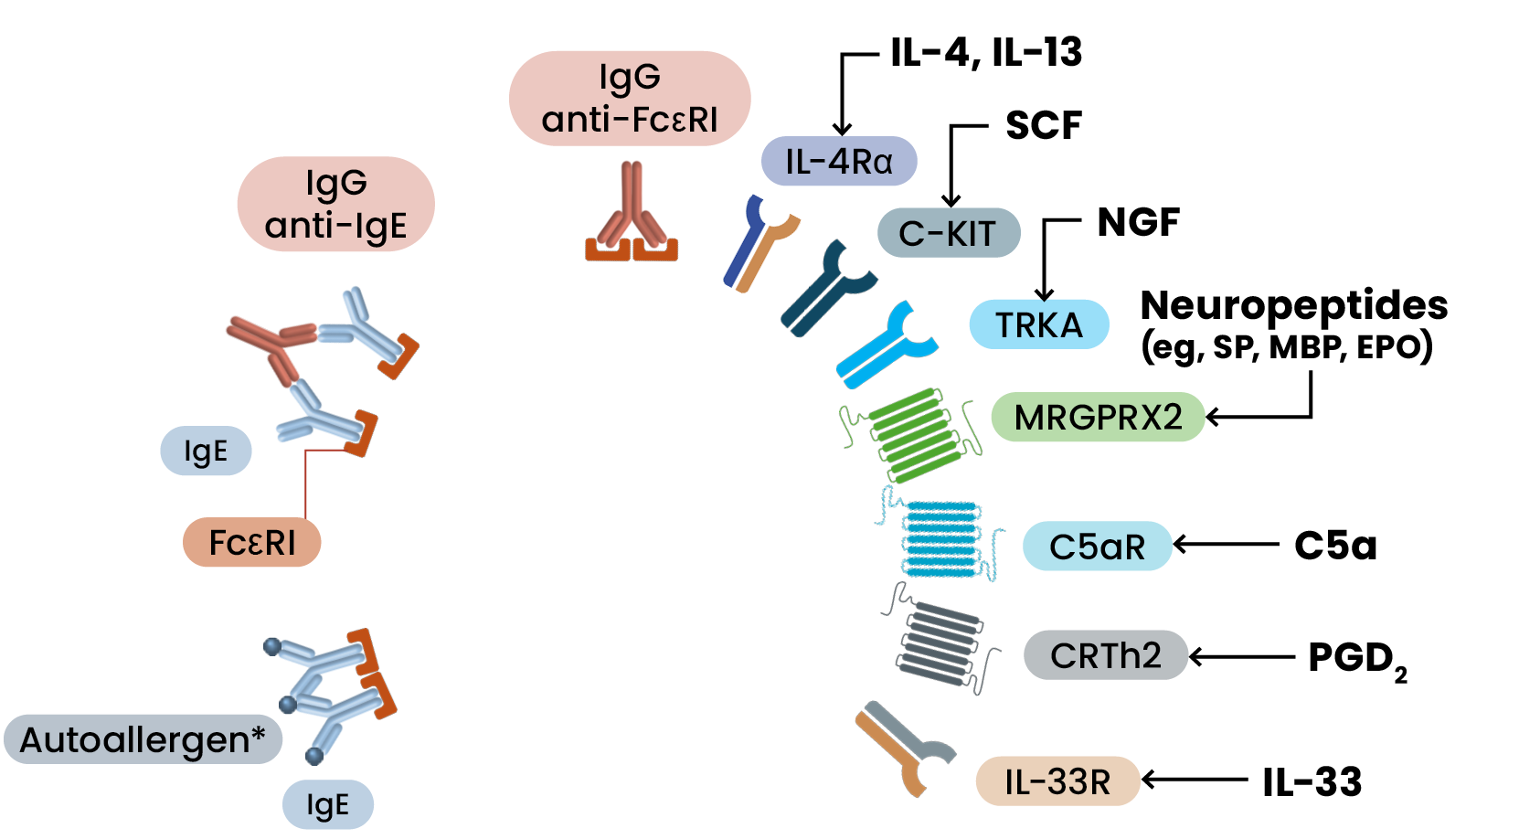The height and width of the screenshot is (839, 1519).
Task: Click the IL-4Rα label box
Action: coord(838,162)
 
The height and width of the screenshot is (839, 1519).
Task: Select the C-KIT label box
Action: coord(948,233)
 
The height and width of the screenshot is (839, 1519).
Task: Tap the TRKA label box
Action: coord(1038,324)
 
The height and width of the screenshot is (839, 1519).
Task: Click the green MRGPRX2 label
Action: coord(1098,417)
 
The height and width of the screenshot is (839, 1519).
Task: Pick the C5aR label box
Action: coord(1096,547)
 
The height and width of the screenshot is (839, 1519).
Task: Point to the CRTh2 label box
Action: coord(1105,655)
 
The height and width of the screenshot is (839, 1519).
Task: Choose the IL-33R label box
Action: coord(1057,781)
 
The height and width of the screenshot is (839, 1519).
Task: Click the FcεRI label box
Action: coord(251,542)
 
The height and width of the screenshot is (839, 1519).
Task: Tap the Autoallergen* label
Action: coord(143,739)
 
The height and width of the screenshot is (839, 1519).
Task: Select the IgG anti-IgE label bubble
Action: coord(335,204)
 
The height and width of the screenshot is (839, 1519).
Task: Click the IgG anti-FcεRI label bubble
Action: coord(629,98)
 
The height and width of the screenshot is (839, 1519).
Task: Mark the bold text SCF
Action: coord(1043,125)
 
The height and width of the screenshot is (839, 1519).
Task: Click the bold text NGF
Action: coord(1137,221)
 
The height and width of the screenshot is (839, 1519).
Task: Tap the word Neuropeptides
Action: coord(1292,305)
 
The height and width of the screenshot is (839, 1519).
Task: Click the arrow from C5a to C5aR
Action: coord(1225,545)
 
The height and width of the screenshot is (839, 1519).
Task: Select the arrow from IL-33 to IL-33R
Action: coord(1194,780)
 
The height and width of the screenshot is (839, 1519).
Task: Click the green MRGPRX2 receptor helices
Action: coord(914,436)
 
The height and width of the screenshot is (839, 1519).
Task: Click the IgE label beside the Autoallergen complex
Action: coord(327,804)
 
